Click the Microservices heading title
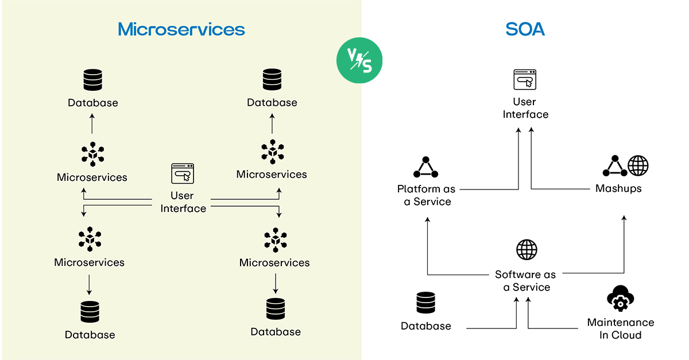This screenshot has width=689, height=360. coord(181,29)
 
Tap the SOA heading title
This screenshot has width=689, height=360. coord(525,29)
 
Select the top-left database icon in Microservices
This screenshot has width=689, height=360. coord(92,80)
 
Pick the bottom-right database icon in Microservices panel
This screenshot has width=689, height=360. coord(276,309)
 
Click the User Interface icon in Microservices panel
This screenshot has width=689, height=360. coord(183,173)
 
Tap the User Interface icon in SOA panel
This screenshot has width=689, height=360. coord(525,80)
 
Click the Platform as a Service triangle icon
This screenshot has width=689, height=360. coord(425,167)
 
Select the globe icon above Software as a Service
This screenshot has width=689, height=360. coord(527,250)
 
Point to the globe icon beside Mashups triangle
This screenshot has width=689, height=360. coord(638,166)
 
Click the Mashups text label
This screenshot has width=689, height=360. coord(618,188)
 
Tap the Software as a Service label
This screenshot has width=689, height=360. coord(526,281)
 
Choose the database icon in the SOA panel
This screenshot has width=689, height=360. coord(426,303)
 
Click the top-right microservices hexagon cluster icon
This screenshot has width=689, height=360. coord(272,152)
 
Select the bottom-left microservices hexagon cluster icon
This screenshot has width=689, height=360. coord(90,239)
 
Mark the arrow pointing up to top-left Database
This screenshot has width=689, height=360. coord(92,123)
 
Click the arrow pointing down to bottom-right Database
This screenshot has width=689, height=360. coord(276,282)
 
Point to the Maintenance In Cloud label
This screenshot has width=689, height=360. coord(620,328)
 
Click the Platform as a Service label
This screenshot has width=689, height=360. coord(426,195)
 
